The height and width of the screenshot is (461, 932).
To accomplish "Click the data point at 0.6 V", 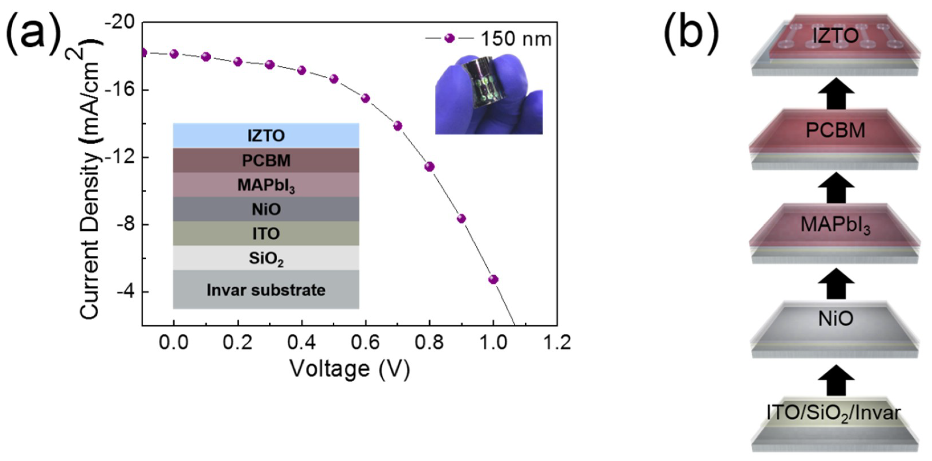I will click(x=365, y=98).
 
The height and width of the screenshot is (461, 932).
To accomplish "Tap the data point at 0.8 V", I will click(x=430, y=167).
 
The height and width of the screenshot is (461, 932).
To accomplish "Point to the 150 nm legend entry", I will click(x=489, y=39).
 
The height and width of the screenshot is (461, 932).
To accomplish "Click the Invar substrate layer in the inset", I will click(x=266, y=290).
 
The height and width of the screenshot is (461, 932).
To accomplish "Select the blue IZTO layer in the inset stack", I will click(x=266, y=136).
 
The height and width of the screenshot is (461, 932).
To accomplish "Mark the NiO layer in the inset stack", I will click(x=266, y=209).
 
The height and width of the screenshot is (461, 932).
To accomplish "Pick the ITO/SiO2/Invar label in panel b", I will click(x=834, y=413).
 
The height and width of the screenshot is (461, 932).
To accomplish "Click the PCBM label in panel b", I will click(x=835, y=130).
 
